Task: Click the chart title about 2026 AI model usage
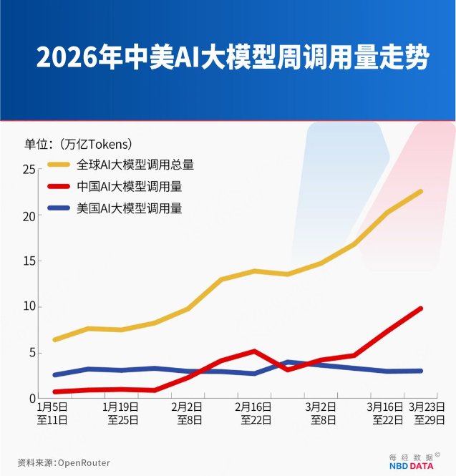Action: click(x=232, y=57)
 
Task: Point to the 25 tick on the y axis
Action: click(x=28, y=170)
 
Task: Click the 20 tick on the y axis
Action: click(x=28, y=215)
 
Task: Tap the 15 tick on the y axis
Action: click(x=28, y=261)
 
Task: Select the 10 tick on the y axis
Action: click(x=28, y=307)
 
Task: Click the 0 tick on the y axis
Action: click(x=31, y=398)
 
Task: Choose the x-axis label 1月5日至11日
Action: click(x=53, y=413)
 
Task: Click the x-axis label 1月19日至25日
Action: click(x=122, y=413)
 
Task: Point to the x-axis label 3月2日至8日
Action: click(x=319, y=413)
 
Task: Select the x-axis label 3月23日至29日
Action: click(x=429, y=413)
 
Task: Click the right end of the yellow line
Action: click(x=420, y=192)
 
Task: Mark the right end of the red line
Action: click(x=420, y=309)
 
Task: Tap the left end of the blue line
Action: click(x=55, y=374)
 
